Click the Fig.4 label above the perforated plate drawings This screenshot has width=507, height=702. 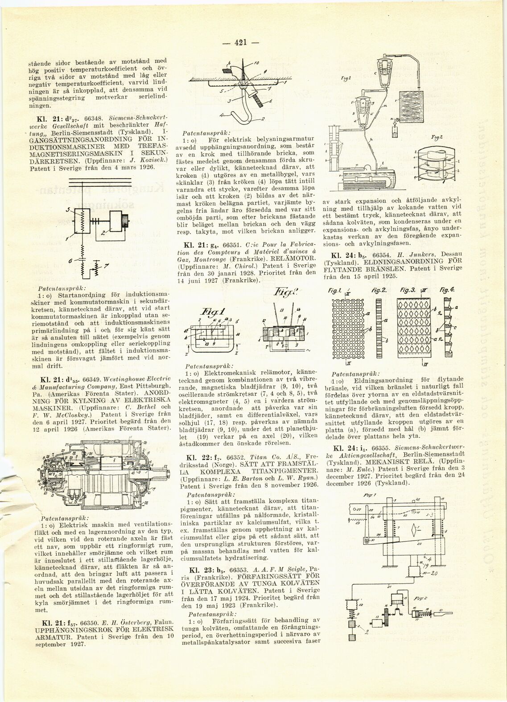click(x=446, y=289)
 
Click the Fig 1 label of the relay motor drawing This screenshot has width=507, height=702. click(x=213, y=312)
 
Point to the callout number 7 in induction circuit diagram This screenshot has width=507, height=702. click(x=106, y=266)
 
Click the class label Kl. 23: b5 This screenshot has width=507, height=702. click(x=202, y=570)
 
